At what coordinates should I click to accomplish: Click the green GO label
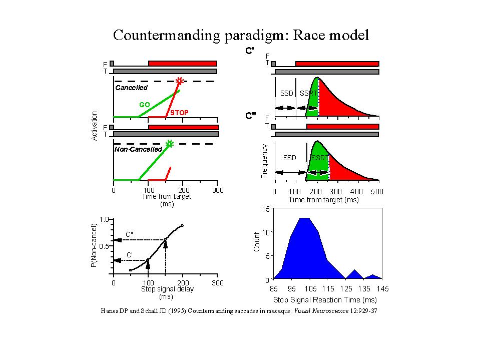145,105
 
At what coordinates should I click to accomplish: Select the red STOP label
179,113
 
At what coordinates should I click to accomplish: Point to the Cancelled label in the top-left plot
131,88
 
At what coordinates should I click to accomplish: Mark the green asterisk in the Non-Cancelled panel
169,144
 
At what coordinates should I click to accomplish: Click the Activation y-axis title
95,126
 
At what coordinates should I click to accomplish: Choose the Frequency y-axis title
265,162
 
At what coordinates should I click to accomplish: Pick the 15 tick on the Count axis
266,208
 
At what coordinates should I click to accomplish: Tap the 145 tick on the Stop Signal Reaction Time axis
383,289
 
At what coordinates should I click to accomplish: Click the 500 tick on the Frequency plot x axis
377,192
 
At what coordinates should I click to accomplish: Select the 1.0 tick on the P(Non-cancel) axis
104,219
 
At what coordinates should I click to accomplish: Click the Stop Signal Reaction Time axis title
324,300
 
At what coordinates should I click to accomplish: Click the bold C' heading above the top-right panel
250,51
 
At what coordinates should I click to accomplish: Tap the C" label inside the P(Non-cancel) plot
129,234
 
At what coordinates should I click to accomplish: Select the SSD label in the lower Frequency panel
290,158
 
